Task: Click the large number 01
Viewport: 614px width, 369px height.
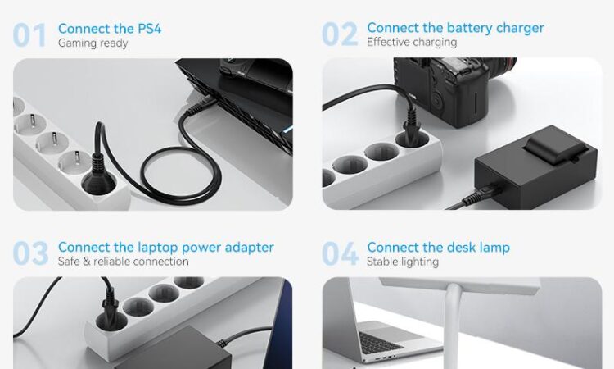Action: (x=29, y=35)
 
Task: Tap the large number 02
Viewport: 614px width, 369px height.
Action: (x=340, y=34)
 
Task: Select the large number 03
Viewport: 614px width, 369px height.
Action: (x=30, y=253)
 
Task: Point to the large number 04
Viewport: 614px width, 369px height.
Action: (x=340, y=253)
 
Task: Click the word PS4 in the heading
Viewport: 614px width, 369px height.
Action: (x=149, y=29)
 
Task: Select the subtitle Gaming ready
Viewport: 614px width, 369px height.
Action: (x=93, y=43)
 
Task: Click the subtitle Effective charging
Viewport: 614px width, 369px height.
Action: (x=412, y=42)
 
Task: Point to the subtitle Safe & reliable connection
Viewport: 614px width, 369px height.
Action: (x=124, y=261)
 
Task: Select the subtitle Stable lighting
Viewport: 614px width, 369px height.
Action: (x=403, y=262)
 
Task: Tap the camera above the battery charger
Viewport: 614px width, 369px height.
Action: (x=454, y=90)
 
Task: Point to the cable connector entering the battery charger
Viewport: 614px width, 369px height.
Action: (x=481, y=195)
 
